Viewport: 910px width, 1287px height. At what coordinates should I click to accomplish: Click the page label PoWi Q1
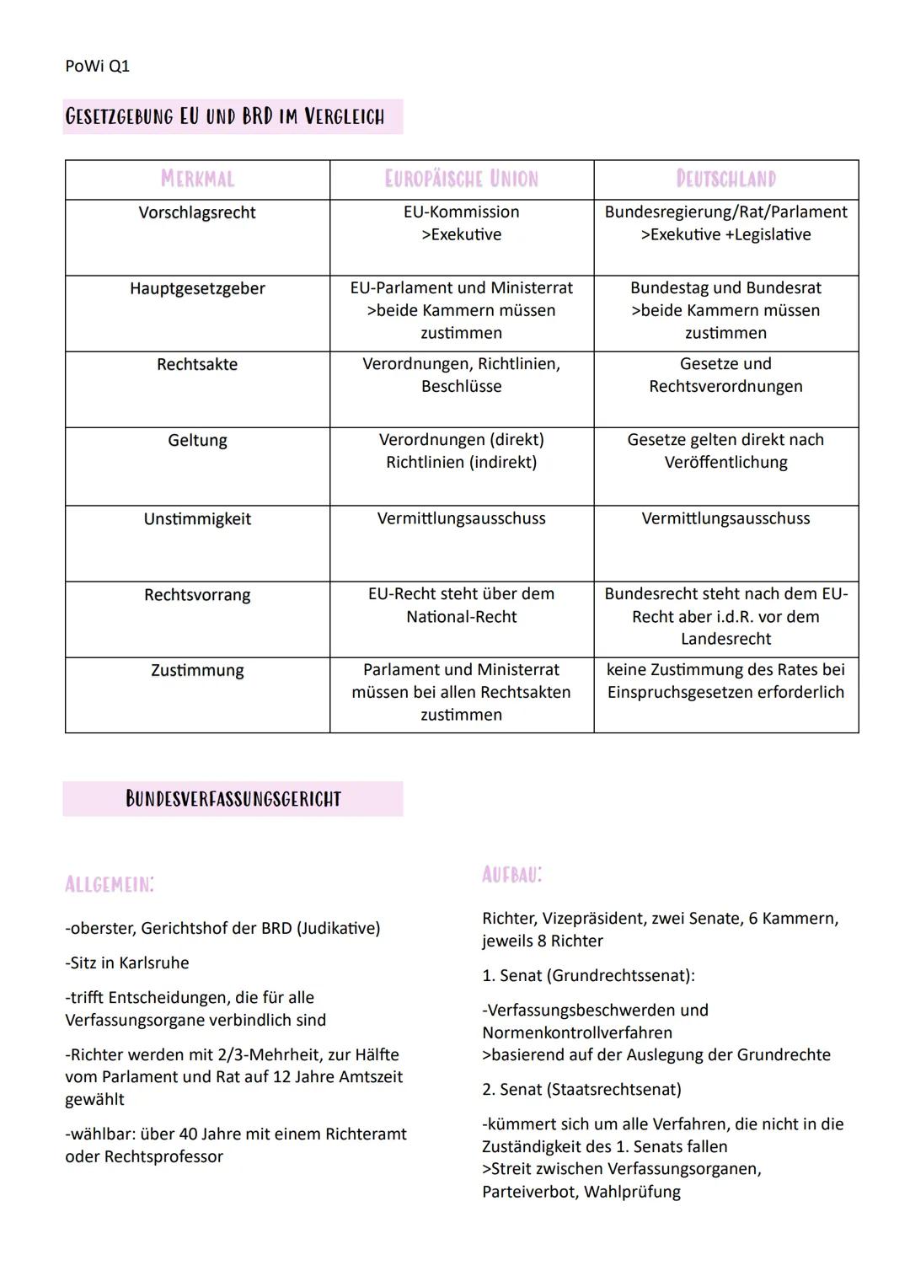(x=97, y=66)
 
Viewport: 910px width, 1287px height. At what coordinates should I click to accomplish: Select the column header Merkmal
(x=197, y=179)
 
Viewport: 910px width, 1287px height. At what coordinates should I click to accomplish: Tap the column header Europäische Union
(x=461, y=179)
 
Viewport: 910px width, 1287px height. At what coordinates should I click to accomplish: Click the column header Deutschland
(x=725, y=179)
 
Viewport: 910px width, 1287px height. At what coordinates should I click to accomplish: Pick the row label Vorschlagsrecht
(x=197, y=212)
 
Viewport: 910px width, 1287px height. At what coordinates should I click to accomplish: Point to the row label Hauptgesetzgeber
(x=197, y=288)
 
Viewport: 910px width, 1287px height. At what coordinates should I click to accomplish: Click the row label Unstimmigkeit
(x=197, y=519)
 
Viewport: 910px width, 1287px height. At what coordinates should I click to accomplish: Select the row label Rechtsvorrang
(x=197, y=595)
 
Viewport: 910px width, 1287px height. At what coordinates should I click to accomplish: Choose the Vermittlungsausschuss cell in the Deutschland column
(x=725, y=519)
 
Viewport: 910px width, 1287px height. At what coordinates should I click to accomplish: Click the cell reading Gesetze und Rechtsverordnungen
(x=725, y=375)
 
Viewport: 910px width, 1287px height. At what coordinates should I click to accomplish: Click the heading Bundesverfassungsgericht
(x=233, y=799)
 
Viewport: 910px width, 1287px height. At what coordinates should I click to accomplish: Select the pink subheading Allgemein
(x=110, y=884)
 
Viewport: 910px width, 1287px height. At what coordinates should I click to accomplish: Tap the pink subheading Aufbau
(x=512, y=875)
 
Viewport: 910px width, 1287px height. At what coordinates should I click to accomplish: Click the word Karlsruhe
(x=153, y=963)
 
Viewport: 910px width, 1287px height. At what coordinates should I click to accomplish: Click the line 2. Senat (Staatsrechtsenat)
(x=581, y=1089)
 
